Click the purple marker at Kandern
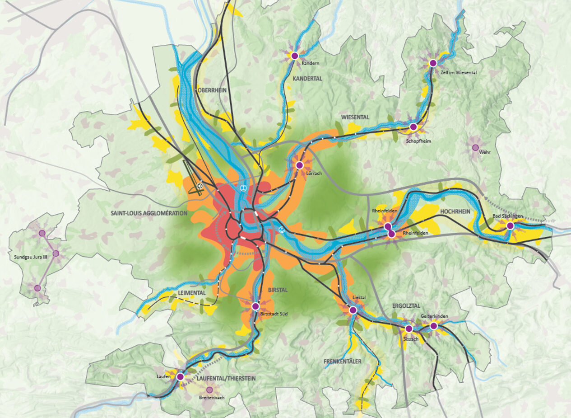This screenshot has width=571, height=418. tap(294, 56)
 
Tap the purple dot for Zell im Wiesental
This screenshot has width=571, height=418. tap(433, 63)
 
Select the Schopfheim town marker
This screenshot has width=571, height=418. tap(413, 127)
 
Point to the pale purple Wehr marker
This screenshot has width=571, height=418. tap(475, 147)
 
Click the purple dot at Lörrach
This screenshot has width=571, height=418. tap(299, 165)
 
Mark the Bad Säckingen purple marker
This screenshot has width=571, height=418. tap(510, 225)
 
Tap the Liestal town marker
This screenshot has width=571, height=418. tap(353, 310)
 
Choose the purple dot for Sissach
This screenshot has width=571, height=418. tap(409, 329)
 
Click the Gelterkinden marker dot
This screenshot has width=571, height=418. tap(434, 326)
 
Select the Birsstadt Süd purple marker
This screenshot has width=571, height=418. tap(255, 306)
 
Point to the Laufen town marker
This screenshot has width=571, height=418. tap(180, 376)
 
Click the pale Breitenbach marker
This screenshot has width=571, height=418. tap(209, 390)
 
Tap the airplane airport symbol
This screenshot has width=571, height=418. tap(200, 185)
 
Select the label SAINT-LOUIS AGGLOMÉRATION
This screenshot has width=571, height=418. tap(149, 213)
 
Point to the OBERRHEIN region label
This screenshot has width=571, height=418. tap(212, 90)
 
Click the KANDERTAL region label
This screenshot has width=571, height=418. tap(307, 79)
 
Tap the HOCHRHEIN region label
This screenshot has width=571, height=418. tap(455, 211)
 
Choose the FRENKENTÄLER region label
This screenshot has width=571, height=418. tap(343, 362)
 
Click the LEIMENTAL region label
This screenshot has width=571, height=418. tap(192, 293)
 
